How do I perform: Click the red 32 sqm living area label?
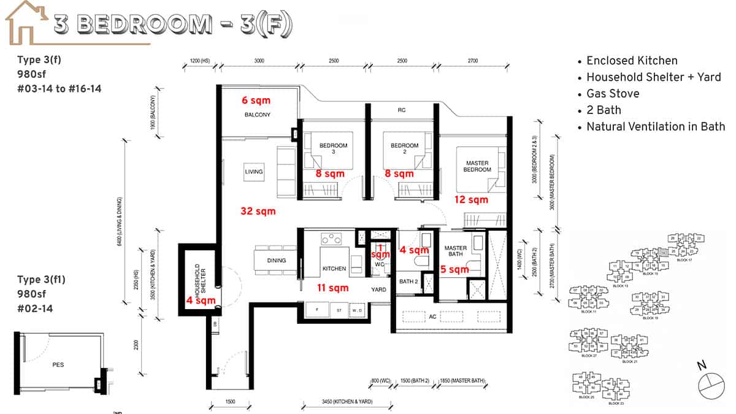[258, 211]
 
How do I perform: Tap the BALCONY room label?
[258, 115]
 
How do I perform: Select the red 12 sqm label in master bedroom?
[471, 199]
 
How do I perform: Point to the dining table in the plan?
[276, 260]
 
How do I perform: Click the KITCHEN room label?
[334, 269]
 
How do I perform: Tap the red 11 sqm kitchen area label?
[332, 288]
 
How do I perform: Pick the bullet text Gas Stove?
[613, 94]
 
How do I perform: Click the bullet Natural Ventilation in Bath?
[655, 127]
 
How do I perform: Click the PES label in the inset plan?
[58, 364]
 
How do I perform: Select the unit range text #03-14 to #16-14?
[59, 89]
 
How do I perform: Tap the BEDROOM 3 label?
[333, 149]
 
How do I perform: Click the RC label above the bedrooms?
[401, 110]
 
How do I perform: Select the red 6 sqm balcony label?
[256, 100]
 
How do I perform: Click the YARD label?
[378, 289]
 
